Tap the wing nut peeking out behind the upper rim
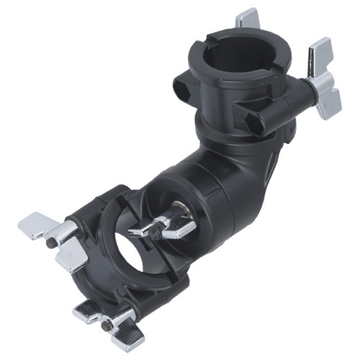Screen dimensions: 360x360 (x=248, y=17)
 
